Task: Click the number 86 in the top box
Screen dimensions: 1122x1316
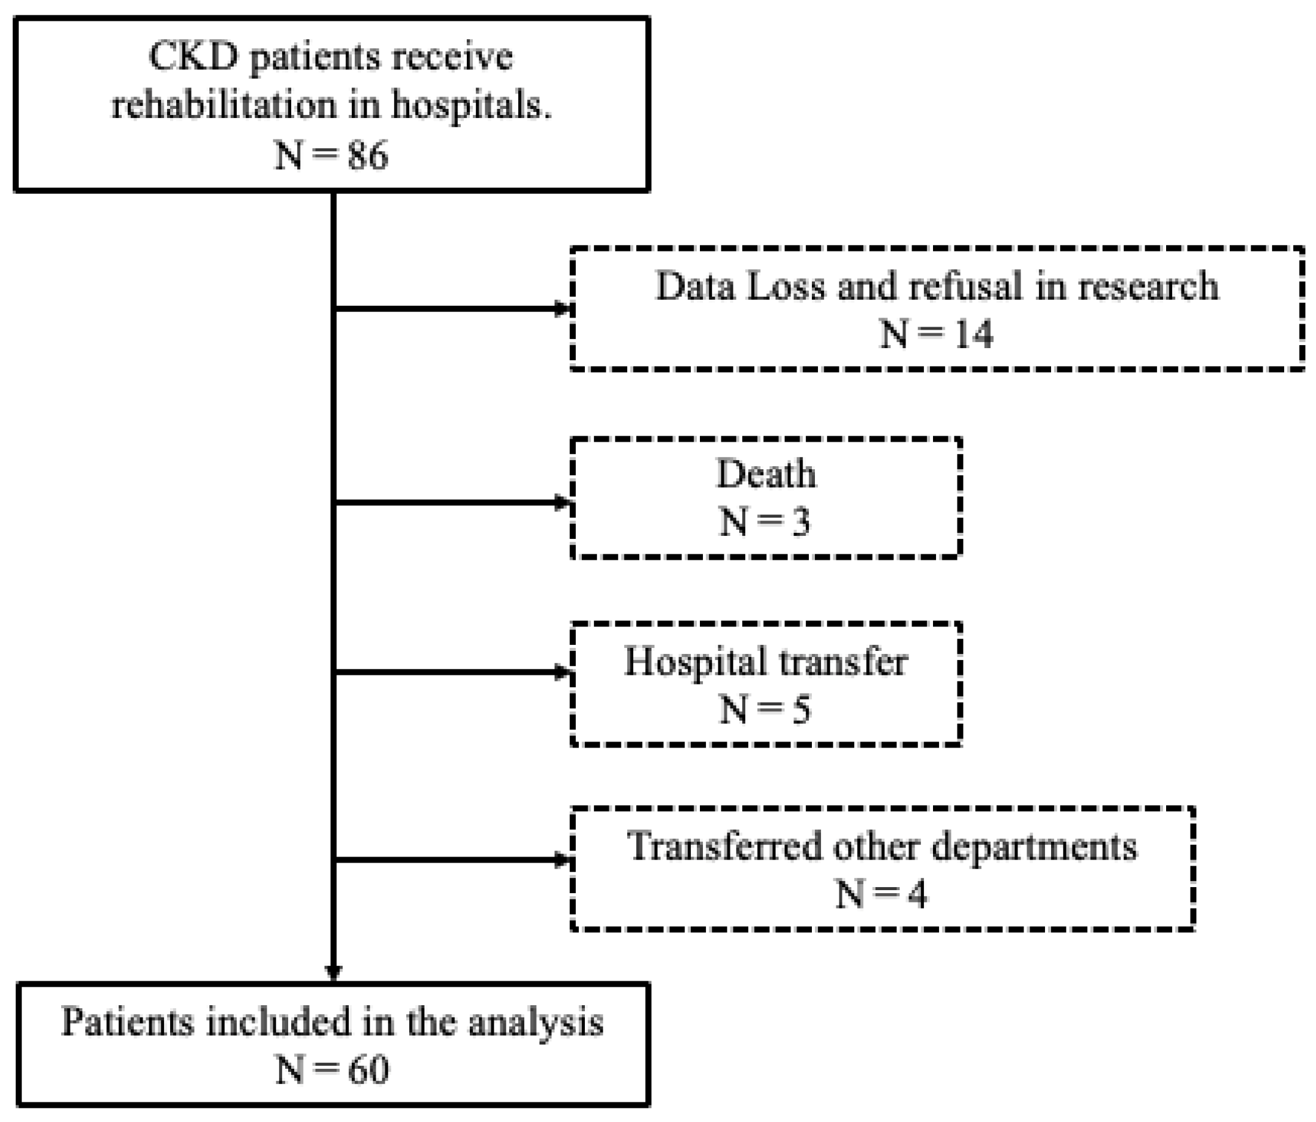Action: coord(368,155)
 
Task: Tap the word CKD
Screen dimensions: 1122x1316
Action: coord(194,57)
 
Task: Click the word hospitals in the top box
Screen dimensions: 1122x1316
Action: coord(470,105)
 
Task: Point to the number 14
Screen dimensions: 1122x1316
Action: coord(973,334)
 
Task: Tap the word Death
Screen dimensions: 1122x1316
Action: coord(766,474)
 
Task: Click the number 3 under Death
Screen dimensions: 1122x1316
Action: coord(801,522)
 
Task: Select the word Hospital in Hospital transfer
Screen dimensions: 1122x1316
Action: coord(696,663)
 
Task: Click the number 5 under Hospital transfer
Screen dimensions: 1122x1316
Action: coord(801,710)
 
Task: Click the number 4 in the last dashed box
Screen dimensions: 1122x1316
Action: coord(916,894)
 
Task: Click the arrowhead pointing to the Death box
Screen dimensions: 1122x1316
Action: coord(563,503)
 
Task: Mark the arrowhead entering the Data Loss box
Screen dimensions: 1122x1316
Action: coord(563,309)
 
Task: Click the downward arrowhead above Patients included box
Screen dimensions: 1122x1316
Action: coord(333,973)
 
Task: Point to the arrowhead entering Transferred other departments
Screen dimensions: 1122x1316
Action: coord(563,861)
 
